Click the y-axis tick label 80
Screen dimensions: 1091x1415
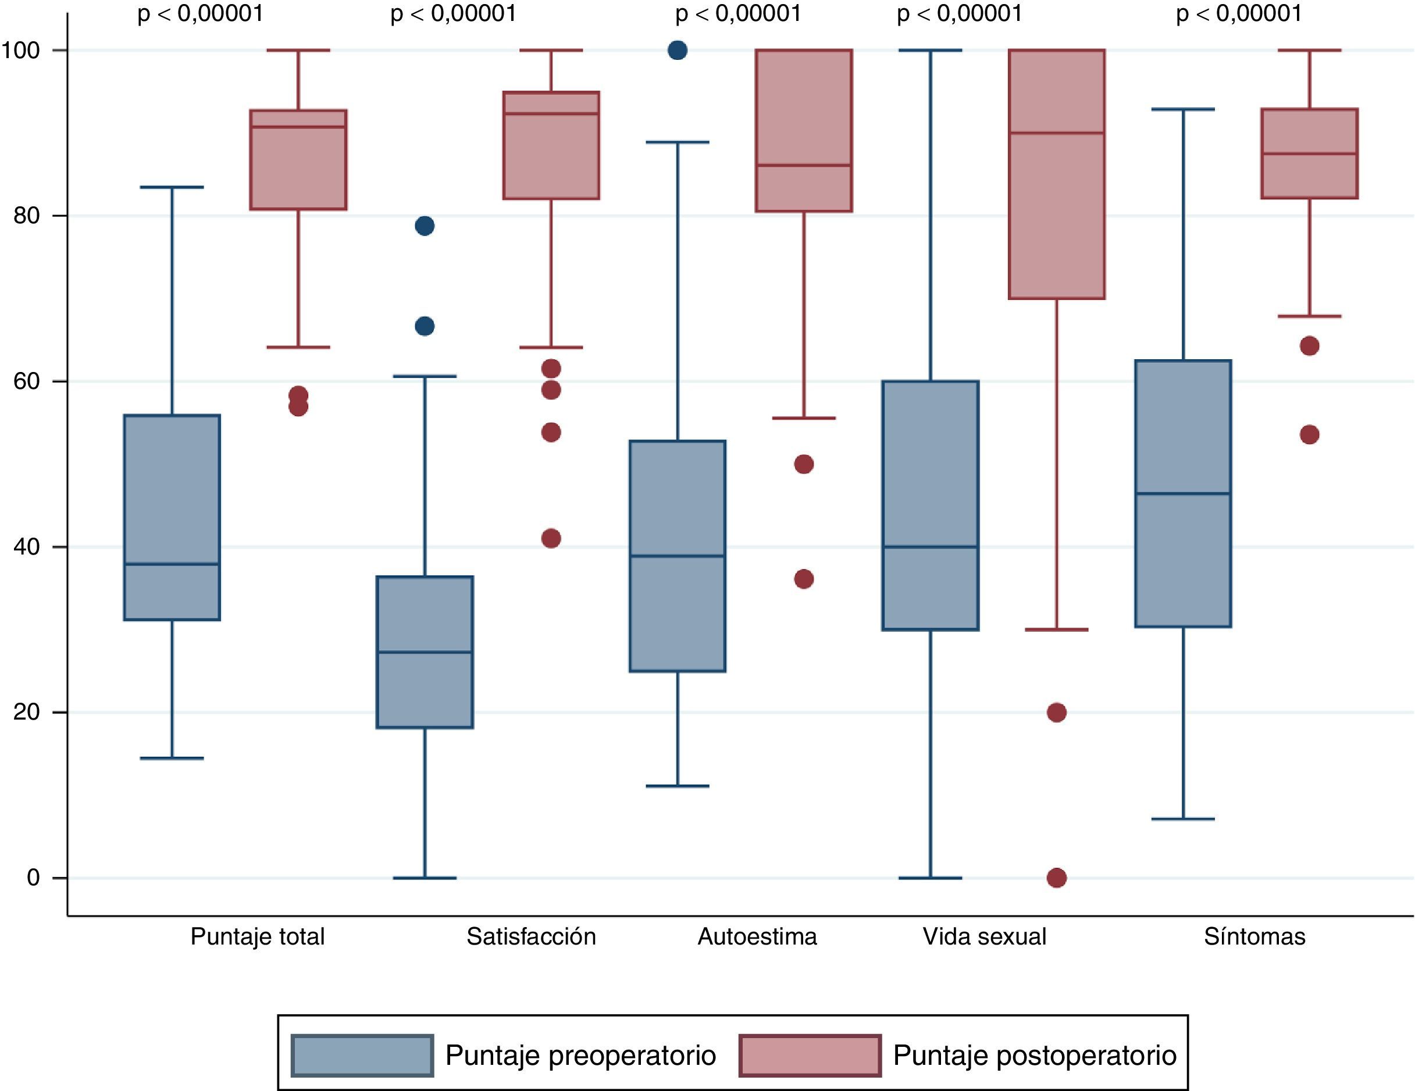pos(27,216)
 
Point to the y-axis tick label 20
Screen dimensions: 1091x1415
pos(27,712)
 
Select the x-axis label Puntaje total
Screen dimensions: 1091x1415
pos(257,937)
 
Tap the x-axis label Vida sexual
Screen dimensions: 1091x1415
pos(984,937)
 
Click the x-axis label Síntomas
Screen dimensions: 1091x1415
pos(1254,937)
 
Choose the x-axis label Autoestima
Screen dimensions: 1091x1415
pos(757,937)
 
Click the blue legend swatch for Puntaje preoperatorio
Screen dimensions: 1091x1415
pos(362,1056)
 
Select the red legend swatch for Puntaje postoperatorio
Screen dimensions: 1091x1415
pos(810,1056)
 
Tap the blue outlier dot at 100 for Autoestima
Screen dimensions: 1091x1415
pos(678,50)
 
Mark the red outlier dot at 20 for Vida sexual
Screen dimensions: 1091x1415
pos(1057,712)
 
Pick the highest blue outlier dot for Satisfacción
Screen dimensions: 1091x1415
pos(425,226)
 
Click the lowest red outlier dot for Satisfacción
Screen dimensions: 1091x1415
pos(551,538)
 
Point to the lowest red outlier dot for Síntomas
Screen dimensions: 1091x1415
pos(1309,434)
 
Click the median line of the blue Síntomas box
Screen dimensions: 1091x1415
pos(1183,493)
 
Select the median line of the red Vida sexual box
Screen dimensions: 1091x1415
pos(1057,133)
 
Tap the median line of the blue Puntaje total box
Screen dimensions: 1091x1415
pos(172,564)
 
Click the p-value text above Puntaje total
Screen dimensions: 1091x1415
pos(200,13)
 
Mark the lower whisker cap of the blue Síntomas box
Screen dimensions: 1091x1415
pos(1183,819)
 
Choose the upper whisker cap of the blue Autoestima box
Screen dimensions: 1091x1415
pos(678,142)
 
